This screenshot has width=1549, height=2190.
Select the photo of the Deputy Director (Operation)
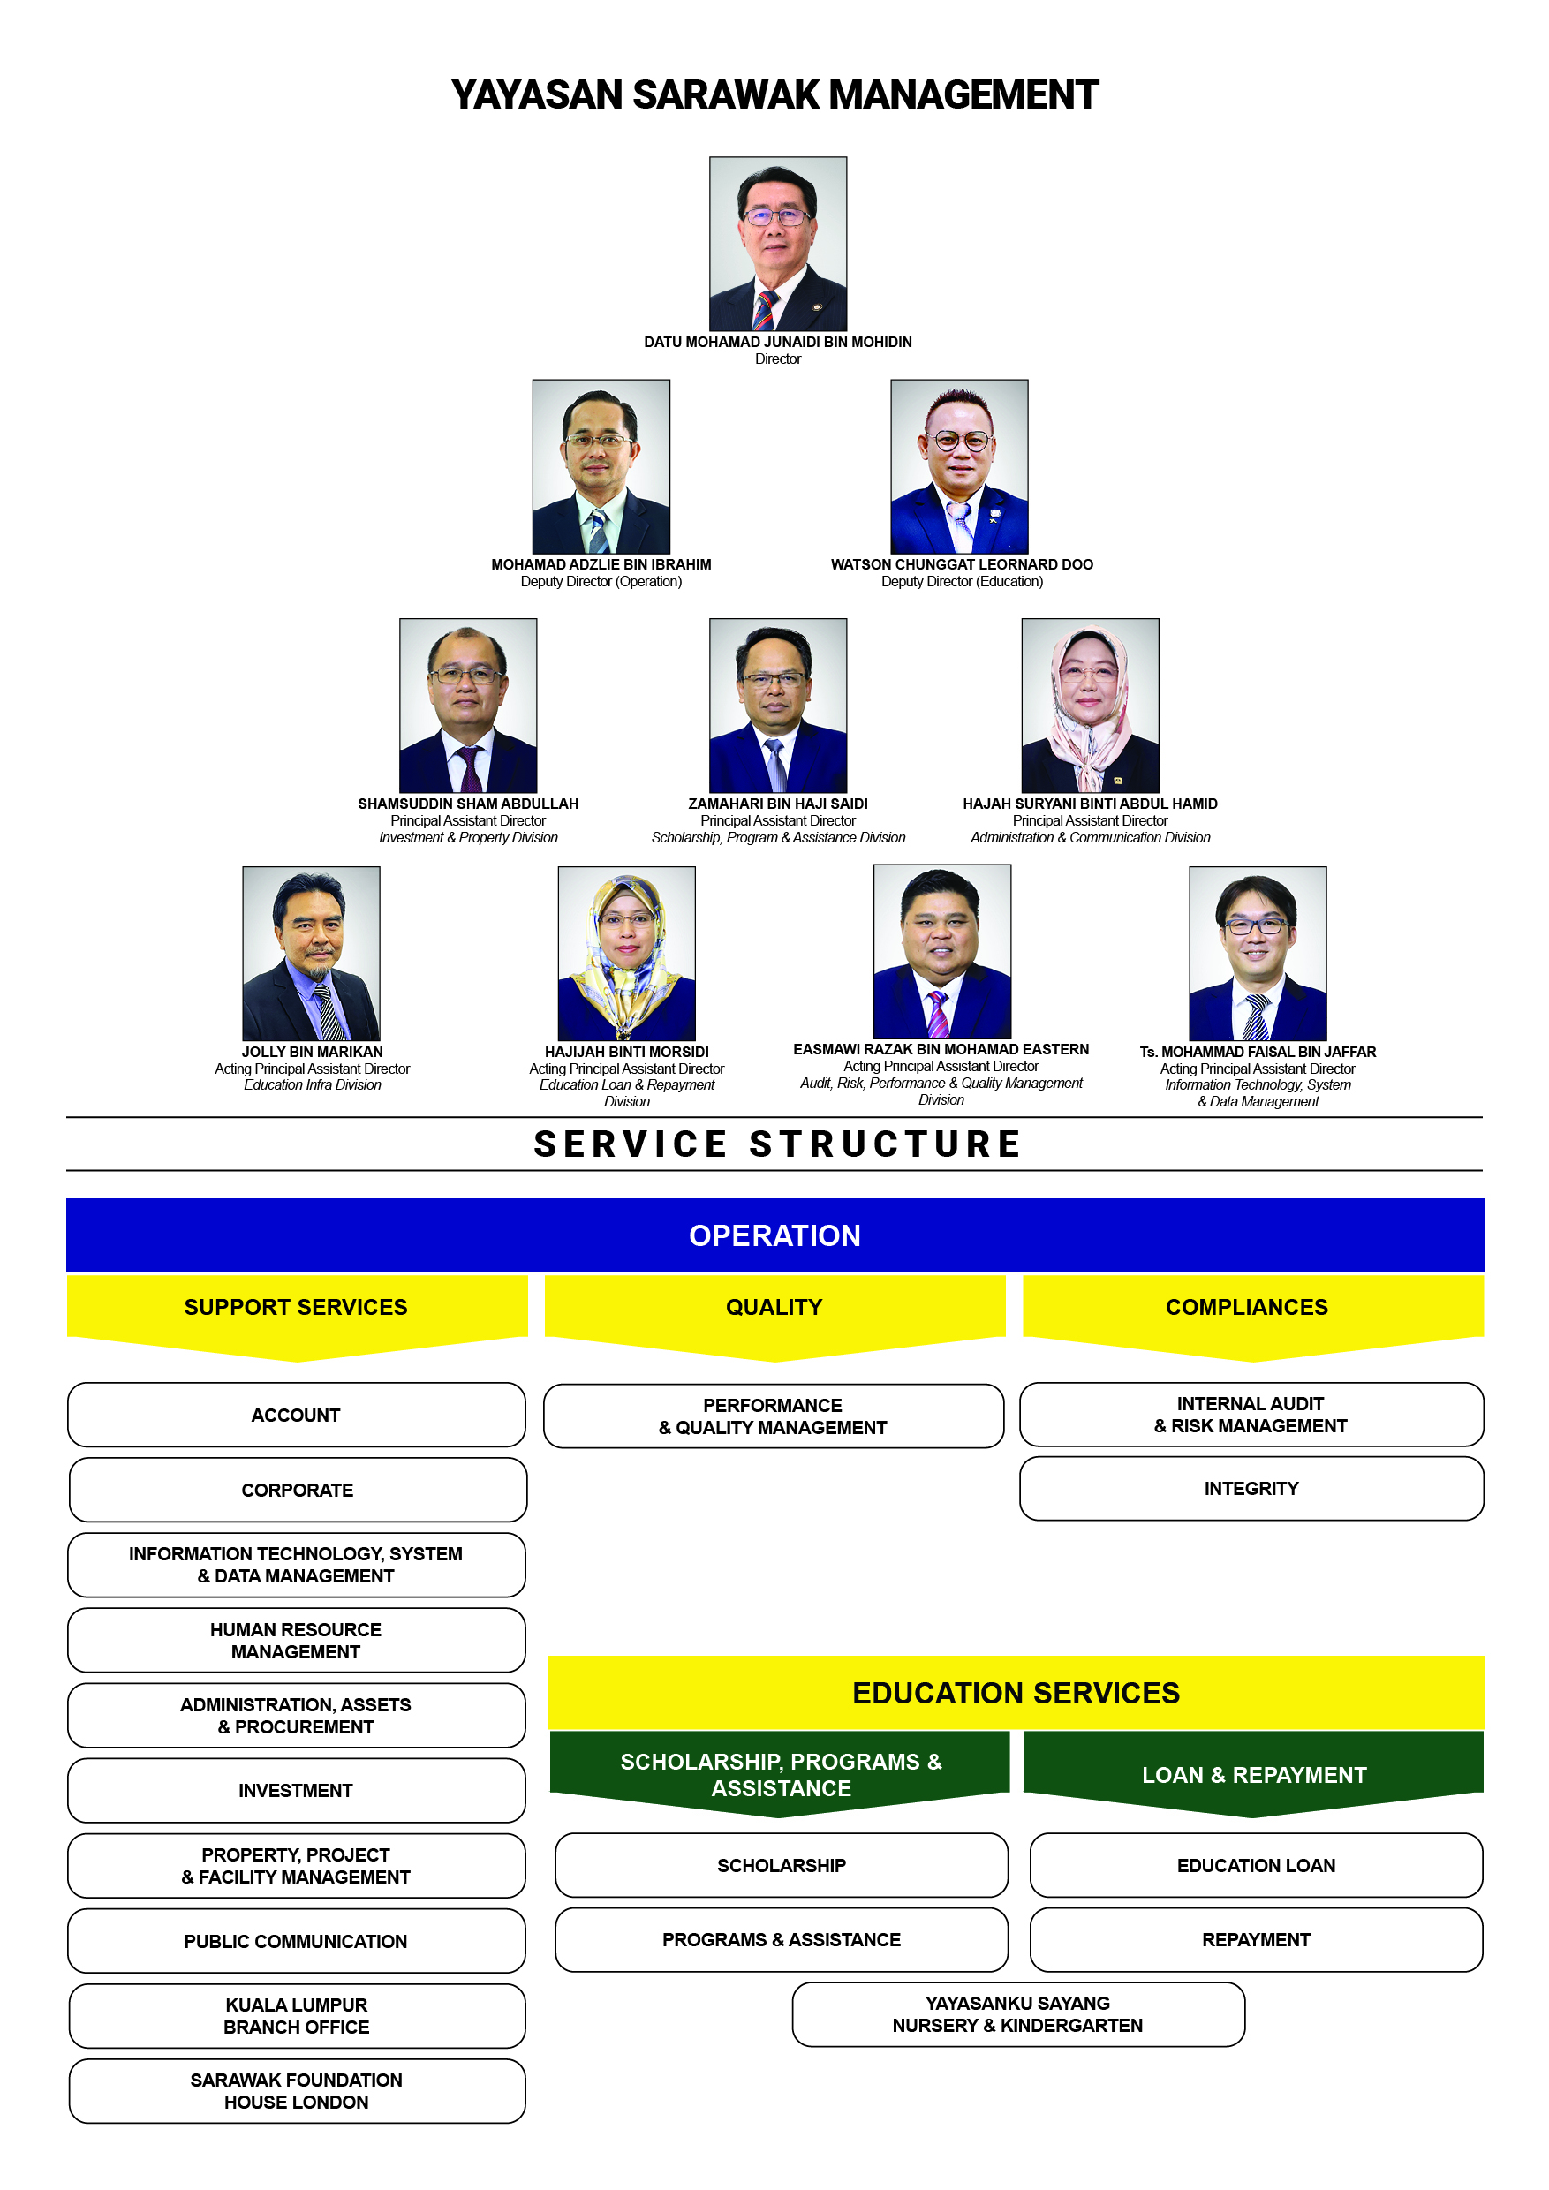pyautogui.click(x=601, y=466)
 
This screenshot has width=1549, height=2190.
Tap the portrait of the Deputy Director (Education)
pyautogui.click(x=960, y=466)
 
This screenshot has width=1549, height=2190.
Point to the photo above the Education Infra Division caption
pyautogui.click(x=311, y=953)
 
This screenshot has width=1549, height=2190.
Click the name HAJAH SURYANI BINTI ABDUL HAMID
pyautogui.click(x=1090, y=804)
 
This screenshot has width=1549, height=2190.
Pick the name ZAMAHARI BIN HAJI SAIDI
pyautogui.click(x=778, y=804)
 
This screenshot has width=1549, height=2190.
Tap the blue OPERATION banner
pyautogui.click(x=774, y=1235)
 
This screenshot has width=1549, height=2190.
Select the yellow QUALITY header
pyautogui.click(x=774, y=1317)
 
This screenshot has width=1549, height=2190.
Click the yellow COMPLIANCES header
pyautogui.click(x=1253, y=1317)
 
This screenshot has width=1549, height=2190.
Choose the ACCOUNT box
pyautogui.click(x=297, y=1415)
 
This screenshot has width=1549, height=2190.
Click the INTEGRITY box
pyautogui.click(x=1251, y=1488)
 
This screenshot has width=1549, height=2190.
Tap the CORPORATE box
pyautogui.click(x=298, y=1490)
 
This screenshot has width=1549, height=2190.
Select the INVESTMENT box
pyautogui.click(x=297, y=1790)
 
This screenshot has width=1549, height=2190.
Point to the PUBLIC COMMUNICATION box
pyautogui.click(x=297, y=1941)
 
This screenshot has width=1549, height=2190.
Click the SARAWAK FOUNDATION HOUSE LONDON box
pyautogui.click(x=297, y=2091)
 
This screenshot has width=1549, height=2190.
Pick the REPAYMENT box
pyautogui.click(x=1256, y=1939)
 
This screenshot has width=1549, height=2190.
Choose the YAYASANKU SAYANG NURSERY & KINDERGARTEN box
pyautogui.click(x=1018, y=2014)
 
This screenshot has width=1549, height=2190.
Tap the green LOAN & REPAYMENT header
pyautogui.click(x=1253, y=1774)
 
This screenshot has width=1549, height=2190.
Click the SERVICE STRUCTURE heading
pyautogui.click(x=777, y=1144)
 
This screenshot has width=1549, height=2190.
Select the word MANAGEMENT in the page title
pyautogui.click(x=963, y=94)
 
